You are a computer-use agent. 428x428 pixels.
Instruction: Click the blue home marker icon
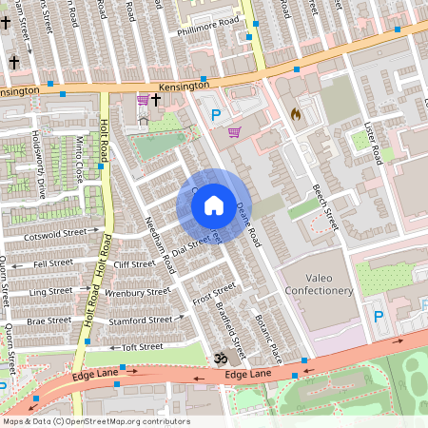[x=214, y=204]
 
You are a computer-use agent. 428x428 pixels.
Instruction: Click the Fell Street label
[x=51, y=263]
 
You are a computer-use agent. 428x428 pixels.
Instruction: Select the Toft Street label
[x=143, y=347]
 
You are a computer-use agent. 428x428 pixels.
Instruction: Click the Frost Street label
[x=213, y=294]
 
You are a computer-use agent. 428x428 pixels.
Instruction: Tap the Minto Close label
[x=80, y=159]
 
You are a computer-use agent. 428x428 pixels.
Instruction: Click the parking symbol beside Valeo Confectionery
[x=379, y=317]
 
